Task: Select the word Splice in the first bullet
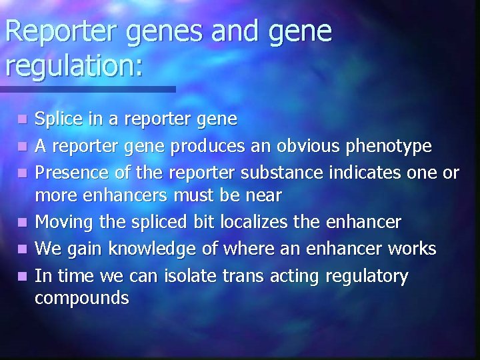[57, 120]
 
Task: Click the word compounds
[81, 299]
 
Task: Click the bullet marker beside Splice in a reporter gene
[23, 121]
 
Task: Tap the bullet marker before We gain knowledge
[23, 250]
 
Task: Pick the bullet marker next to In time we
[23, 276]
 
